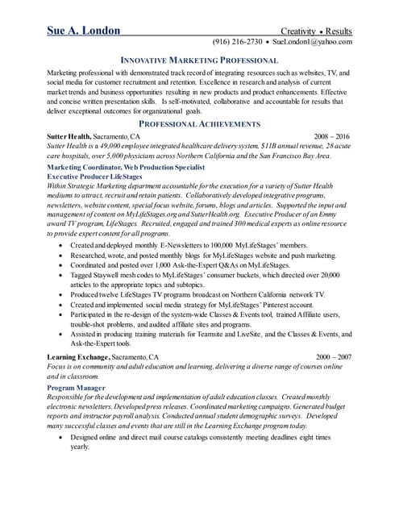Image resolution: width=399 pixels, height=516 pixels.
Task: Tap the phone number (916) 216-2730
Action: tap(237, 42)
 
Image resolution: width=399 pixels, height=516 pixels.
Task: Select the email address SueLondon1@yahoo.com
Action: tap(312, 42)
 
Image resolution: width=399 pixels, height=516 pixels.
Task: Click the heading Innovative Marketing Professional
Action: tap(199, 60)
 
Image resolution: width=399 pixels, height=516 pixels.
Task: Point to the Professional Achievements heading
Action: tap(199, 124)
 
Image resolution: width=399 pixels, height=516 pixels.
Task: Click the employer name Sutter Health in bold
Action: tap(69, 137)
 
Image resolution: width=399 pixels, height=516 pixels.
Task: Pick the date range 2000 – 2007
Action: tap(334, 356)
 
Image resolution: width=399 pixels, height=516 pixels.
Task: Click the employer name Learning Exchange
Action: tap(78, 356)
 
